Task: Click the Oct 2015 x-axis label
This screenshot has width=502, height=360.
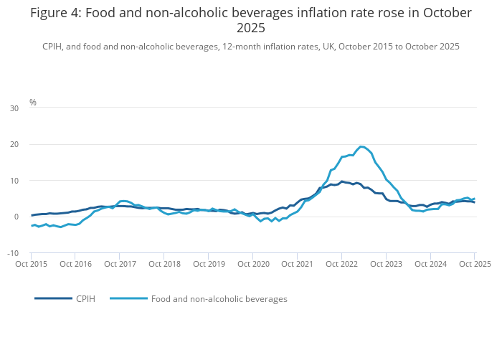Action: point(31,264)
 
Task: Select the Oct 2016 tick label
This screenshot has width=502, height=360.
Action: point(75,264)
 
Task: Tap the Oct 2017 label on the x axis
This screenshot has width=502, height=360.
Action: point(120,264)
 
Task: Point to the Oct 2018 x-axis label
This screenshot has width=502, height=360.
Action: point(164,264)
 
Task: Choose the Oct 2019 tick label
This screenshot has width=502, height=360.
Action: point(209,264)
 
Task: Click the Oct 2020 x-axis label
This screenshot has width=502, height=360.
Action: point(253,264)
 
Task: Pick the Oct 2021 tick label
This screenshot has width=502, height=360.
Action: point(298,264)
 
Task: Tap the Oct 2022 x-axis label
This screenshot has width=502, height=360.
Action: point(342,264)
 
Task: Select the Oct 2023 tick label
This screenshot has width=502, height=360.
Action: point(387,264)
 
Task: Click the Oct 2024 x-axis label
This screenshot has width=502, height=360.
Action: point(431,264)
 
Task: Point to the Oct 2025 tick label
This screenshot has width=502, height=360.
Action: point(475,264)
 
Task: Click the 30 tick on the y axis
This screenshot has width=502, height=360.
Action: point(14,108)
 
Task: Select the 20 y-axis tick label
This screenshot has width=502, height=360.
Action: point(14,144)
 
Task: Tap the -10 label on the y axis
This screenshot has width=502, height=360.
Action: point(14,253)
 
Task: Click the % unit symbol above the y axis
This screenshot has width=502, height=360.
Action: point(33,103)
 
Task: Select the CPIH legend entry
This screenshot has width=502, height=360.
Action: point(85,299)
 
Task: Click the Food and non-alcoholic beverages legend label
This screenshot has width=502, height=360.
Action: point(219,299)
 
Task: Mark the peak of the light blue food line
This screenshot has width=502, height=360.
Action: point(361,146)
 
